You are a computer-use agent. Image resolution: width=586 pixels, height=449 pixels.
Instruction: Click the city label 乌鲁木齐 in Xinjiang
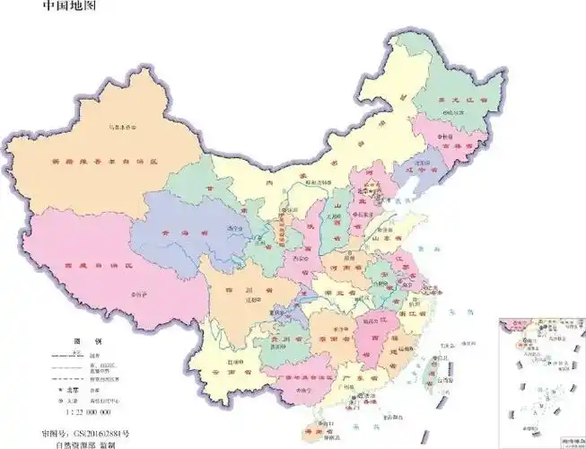[121, 127]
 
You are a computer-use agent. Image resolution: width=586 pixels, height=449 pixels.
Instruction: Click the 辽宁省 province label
[418, 170]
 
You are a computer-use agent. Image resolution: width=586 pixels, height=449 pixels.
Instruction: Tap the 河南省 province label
[350, 267]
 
